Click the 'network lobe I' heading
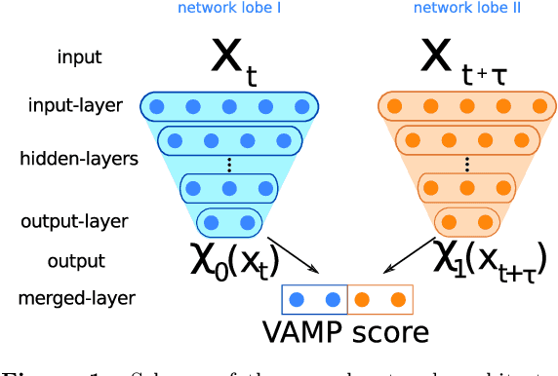(x=231, y=9)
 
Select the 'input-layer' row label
(x=76, y=105)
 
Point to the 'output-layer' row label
(x=74, y=221)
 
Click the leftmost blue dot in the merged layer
(x=299, y=299)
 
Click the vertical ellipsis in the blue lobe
(x=229, y=164)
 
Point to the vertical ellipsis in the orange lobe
(x=465, y=164)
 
